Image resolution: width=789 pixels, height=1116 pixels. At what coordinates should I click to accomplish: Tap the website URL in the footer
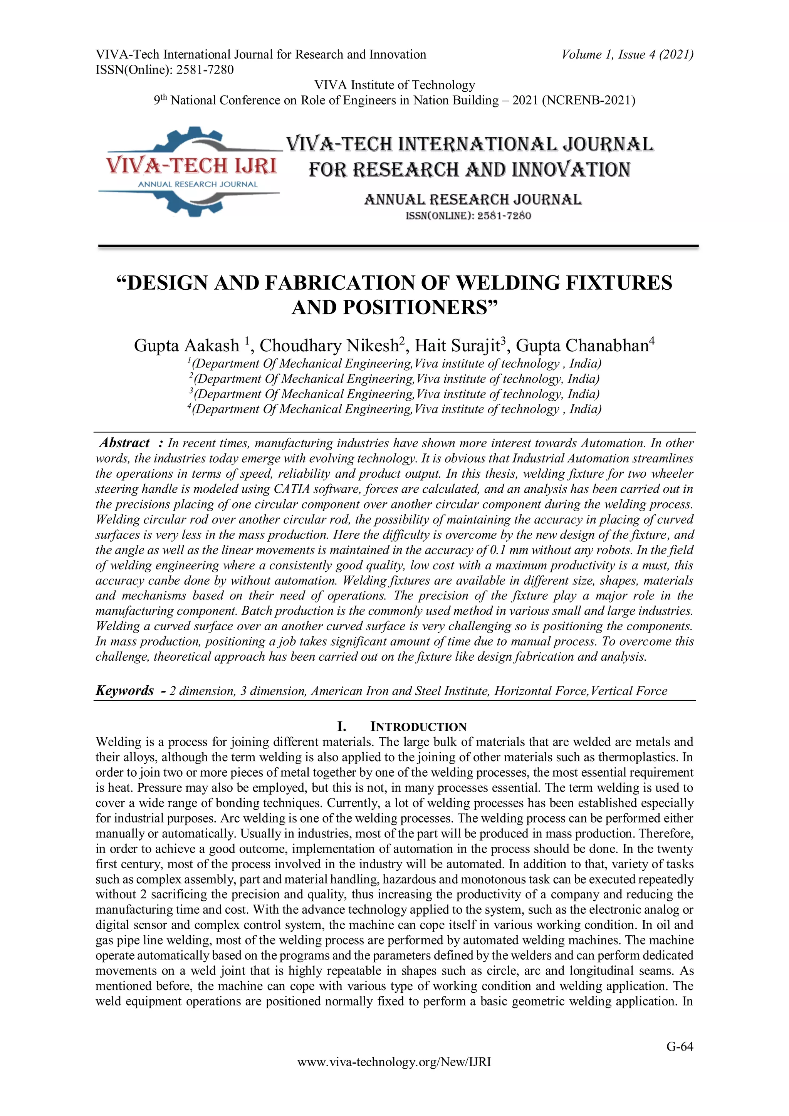[x=394, y=1076]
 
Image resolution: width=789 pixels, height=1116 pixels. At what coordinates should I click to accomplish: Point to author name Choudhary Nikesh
[x=329, y=346]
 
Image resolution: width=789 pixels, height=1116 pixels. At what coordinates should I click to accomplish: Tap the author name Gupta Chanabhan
[x=582, y=346]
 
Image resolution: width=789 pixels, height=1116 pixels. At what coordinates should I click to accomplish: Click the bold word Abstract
[x=124, y=443]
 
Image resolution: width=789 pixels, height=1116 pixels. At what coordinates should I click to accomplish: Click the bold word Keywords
[x=125, y=691]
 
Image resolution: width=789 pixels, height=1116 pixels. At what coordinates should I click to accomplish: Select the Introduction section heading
[x=402, y=727]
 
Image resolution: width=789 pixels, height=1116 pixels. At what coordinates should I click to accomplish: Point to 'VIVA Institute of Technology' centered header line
[x=394, y=85]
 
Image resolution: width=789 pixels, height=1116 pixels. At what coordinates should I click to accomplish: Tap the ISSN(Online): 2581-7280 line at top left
[x=165, y=70]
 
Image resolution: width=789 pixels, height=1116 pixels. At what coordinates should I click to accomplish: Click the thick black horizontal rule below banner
[x=398, y=247]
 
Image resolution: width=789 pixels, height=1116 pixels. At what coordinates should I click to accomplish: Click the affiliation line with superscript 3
[x=394, y=394]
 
